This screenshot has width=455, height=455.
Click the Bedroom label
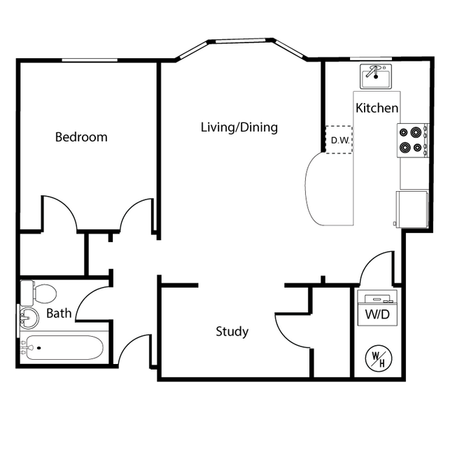click(x=81, y=137)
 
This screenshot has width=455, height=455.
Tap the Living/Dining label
click(x=239, y=127)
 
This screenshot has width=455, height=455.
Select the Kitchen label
click(x=377, y=108)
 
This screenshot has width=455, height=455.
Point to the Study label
click(x=232, y=332)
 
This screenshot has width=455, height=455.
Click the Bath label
click(x=59, y=314)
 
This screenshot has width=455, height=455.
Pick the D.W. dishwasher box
click(x=339, y=140)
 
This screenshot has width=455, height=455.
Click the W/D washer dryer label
click(x=377, y=314)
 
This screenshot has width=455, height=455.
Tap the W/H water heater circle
click(x=378, y=359)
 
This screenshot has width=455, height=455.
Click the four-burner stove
click(x=413, y=139)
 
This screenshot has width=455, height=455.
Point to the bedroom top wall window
click(x=87, y=60)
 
